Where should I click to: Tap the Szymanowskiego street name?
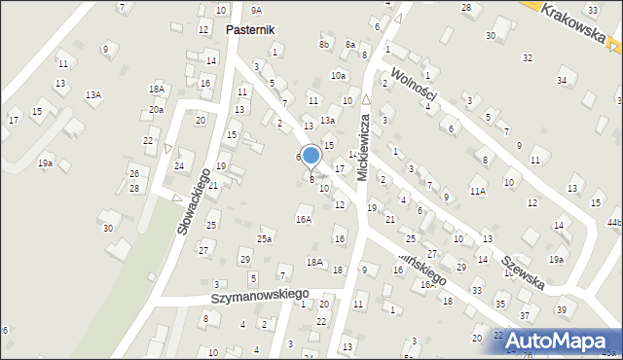coord(261,294)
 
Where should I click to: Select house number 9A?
coord(256,10)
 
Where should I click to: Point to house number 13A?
coord(92,94)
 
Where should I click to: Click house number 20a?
coord(156,111)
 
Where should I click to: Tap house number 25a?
coord(264,238)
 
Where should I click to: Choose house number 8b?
coord(324,45)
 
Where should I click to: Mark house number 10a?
coord(338,76)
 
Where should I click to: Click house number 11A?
coord(477,192)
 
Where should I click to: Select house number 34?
coord(562,80)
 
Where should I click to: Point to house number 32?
coord(527,58)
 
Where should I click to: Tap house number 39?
coord(562,309)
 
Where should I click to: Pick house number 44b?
coord(613,223)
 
